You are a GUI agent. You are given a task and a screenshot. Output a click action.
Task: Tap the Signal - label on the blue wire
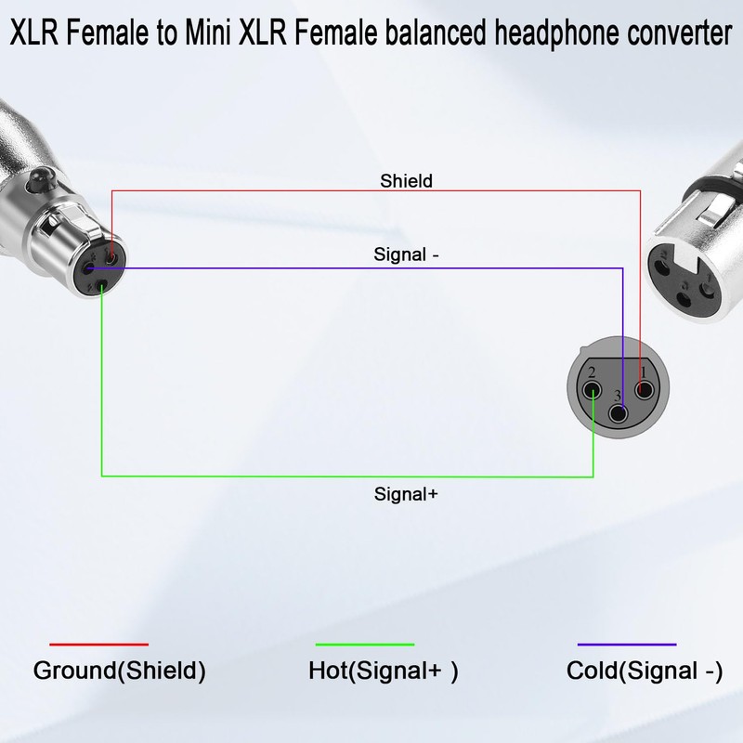407,254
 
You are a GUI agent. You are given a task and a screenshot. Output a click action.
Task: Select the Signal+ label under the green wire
406,494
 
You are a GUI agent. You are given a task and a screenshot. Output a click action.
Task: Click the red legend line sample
98,644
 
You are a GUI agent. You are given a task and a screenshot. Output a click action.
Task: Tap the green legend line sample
364,644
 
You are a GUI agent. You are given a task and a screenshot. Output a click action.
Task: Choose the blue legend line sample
626,644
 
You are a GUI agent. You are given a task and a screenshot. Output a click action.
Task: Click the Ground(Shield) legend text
119,671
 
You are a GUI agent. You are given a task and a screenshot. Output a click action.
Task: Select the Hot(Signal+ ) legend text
384,671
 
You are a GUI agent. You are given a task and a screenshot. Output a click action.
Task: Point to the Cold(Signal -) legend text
644,671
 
